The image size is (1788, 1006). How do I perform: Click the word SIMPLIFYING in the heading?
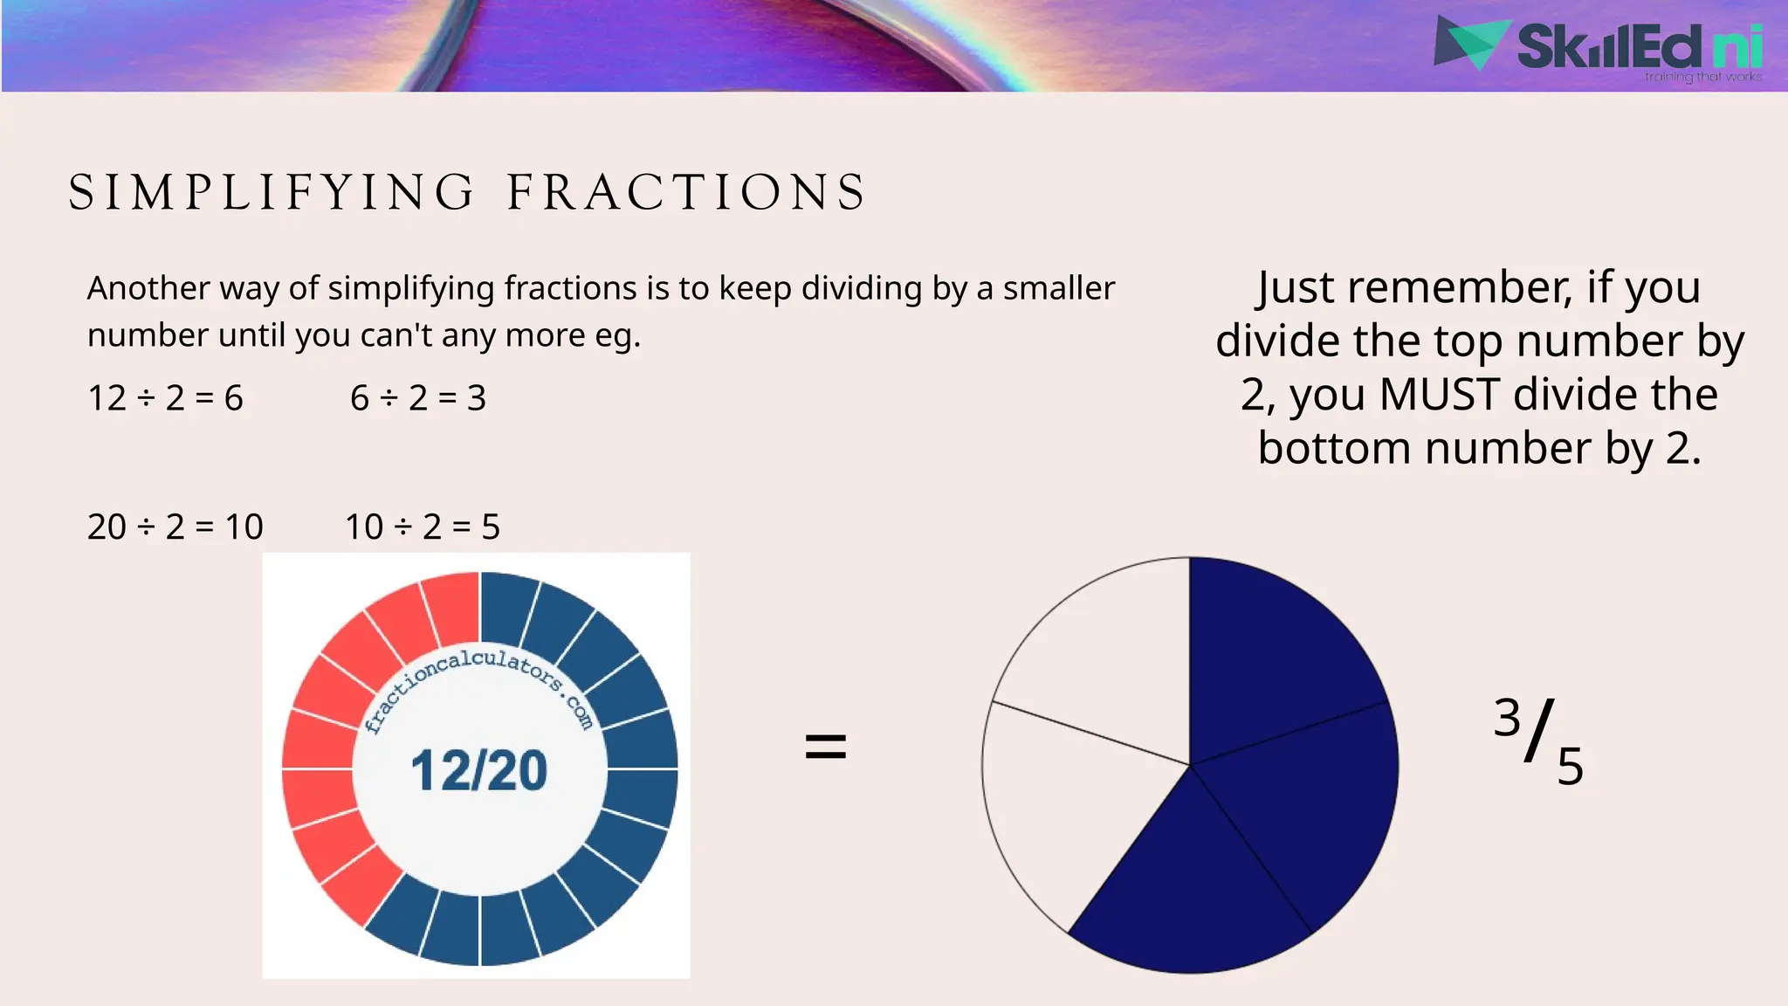click(x=272, y=193)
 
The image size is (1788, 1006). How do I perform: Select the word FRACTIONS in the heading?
click(x=686, y=193)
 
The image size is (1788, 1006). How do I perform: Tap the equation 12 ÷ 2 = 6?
click(x=165, y=398)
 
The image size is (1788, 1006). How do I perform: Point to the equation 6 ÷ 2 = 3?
click(x=418, y=398)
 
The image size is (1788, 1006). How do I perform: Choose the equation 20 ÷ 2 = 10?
click(x=175, y=527)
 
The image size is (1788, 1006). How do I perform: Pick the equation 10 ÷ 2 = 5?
click(x=423, y=527)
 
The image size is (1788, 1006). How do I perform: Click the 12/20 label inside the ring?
click(x=478, y=770)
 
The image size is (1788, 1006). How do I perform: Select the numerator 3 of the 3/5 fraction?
click(x=1507, y=719)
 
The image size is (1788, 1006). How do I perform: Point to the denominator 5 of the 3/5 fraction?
click(x=1570, y=768)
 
